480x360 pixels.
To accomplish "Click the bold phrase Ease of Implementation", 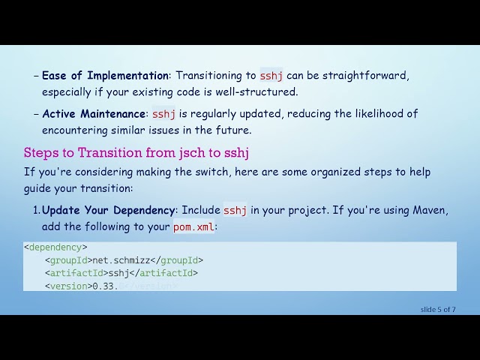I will click(105, 76).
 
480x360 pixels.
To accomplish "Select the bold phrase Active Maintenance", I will click(93, 114).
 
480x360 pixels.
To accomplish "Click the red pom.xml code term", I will click(193, 226).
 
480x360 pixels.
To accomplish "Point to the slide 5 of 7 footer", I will click(438, 309).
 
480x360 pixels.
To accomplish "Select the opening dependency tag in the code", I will click(55, 247).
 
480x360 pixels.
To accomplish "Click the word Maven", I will click(430, 210).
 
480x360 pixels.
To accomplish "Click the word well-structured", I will click(258, 92).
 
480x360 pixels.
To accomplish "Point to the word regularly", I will click(222, 114).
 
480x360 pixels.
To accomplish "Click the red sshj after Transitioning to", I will click(271, 76).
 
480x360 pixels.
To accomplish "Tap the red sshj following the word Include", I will click(235, 210).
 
